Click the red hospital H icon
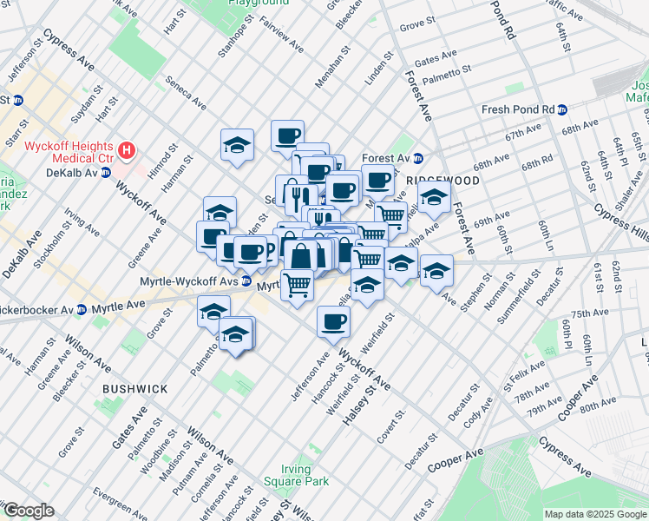coord(127,151)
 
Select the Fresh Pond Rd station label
coord(518,109)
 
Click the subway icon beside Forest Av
coord(417,158)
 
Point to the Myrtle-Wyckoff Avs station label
coord(189,280)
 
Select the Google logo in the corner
coord(28,511)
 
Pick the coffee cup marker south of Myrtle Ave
coord(333,323)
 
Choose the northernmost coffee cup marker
coord(287,135)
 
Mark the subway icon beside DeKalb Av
coord(106,172)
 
